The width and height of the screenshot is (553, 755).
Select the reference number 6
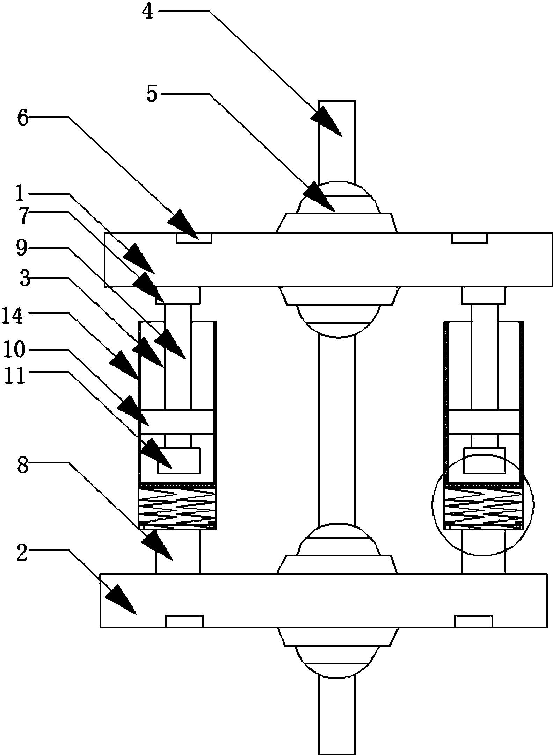click(22, 118)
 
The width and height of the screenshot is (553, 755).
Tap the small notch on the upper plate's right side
click(469, 238)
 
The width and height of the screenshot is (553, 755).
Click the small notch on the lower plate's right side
click(474, 621)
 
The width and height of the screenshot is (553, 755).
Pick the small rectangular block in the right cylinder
click(484, 461)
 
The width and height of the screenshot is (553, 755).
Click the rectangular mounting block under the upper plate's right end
click(483, 295)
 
